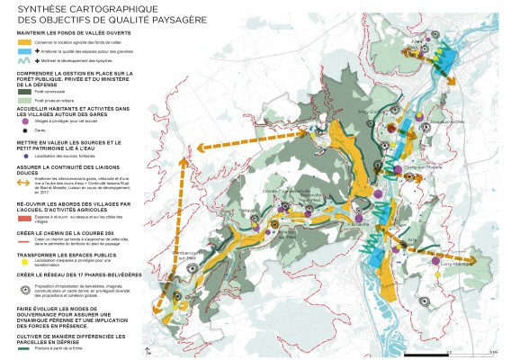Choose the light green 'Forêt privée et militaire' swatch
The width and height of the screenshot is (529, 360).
(x=26, y=102)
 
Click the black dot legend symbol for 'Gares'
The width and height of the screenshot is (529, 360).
(x=26, y=130)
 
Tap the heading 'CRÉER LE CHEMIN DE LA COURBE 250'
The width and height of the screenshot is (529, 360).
(x=65, y=231)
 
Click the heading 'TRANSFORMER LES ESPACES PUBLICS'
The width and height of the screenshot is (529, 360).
(x=63, y=254)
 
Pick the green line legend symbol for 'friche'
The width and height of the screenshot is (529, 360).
(x=26, y=347)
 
